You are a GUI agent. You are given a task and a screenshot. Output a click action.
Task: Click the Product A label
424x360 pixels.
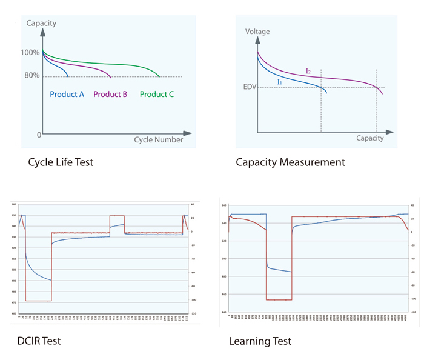coord(67,94)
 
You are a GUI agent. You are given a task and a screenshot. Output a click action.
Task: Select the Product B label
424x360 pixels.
coord(110,94)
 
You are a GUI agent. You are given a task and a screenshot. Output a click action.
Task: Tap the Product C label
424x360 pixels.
coord(157,94)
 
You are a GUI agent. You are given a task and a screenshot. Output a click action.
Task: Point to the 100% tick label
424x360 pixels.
coord(30,53)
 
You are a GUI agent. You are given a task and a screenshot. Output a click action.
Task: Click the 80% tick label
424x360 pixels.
coord(32,76)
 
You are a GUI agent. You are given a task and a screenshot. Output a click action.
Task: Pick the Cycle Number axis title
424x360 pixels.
coord(158,140)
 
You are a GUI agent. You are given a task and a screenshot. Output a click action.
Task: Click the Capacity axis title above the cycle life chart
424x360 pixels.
coord(41,24)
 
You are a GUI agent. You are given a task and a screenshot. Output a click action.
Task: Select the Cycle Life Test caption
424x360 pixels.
coord(61,162)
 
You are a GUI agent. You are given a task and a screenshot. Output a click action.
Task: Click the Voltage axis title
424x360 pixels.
coord(257,32)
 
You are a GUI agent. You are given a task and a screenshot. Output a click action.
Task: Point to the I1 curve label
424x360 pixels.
coord(280,81)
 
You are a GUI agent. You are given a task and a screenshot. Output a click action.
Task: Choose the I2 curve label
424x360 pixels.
coord(308,72)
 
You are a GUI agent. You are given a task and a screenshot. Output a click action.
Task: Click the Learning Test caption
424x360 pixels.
coord(260,341)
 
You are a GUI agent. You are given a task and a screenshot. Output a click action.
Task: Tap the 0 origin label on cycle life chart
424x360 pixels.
coord(39,135)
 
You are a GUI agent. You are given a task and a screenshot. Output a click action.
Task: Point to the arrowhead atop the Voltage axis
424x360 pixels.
coord(257,39)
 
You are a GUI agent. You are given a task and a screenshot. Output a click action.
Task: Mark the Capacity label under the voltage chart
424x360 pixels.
coord(369,138)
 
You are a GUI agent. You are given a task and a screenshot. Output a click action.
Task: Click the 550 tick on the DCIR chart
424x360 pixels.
coord(13,216)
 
